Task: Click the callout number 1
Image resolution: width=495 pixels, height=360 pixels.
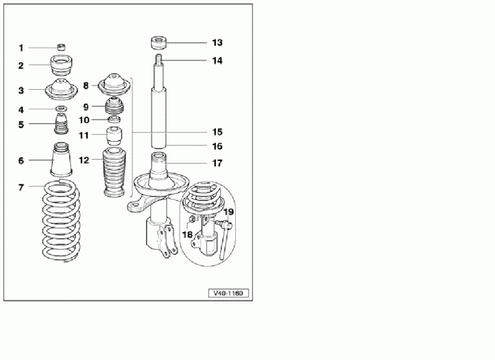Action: (x=21, y=48)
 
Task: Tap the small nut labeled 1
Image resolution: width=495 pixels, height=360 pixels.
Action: (x=62, y=48)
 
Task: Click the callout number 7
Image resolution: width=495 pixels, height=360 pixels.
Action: (x=21, y=187)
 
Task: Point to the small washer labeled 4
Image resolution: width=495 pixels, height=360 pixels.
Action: (x=61, y=109)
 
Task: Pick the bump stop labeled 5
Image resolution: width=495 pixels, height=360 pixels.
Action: (x=61, y=124)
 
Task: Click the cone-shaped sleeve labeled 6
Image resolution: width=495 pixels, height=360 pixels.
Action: (x=61, y=160)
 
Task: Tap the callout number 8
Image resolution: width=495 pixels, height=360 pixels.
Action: (x=86, y=85)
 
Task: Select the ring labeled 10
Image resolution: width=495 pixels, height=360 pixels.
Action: (x=114, y=119)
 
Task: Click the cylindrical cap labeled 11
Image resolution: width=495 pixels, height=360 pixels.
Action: (x=114, y=135)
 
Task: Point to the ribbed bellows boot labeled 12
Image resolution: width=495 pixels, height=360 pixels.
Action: (x=114, y=173)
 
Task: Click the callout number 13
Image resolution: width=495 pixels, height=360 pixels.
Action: (x=217, y=43)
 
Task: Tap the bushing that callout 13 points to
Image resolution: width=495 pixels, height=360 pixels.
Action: (x=158, y=43)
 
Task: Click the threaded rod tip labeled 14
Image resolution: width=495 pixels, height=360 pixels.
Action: (x=159, y=58)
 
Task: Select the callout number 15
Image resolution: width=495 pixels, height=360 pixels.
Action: (x=217, y=132)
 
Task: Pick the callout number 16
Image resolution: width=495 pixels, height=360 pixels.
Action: (x=217, y=147)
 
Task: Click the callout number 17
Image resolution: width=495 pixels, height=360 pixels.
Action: (x=217, y=163)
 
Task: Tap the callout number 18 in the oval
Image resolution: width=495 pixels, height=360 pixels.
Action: (x=187, y=234)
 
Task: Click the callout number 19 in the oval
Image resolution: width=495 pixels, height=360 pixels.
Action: (x=228, y=212)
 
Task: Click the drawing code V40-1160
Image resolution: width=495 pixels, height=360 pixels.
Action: (x=228, y=293)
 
